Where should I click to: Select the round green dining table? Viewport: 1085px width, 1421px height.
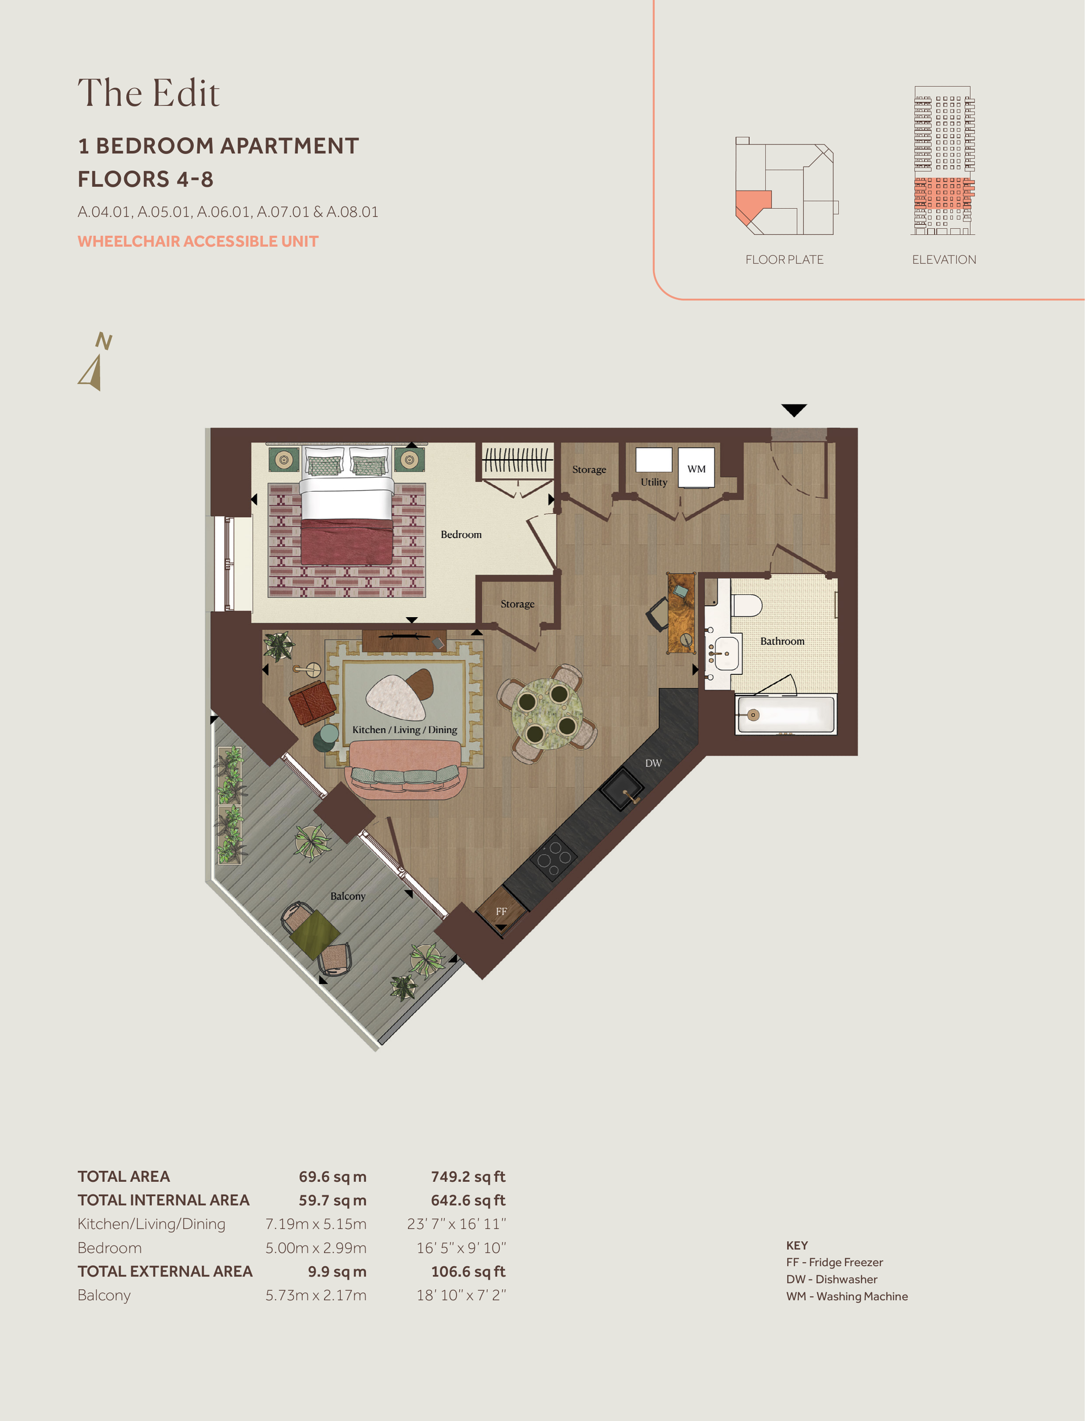click(547, 713)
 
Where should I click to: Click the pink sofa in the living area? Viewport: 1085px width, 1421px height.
click(405, 768)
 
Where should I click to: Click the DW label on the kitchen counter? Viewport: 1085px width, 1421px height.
click(653, 763)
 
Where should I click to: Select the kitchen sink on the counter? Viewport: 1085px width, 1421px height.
click(622, 789)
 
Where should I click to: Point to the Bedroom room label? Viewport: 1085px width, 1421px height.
click(461, 534)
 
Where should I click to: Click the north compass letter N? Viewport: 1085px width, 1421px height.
click(104, 341)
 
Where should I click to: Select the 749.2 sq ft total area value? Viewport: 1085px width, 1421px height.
click(468, 1177)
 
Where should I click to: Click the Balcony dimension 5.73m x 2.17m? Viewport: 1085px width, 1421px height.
click(316, 1296)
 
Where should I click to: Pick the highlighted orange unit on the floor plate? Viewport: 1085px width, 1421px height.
click(751, 204)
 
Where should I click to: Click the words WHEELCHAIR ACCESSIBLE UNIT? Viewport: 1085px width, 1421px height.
click(198, 242)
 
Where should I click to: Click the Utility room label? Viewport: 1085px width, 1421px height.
click(653, 482)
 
